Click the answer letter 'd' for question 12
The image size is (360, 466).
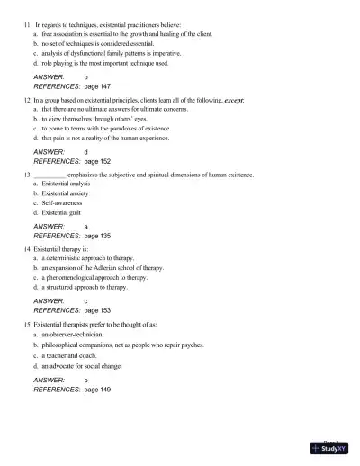point(86,153)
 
